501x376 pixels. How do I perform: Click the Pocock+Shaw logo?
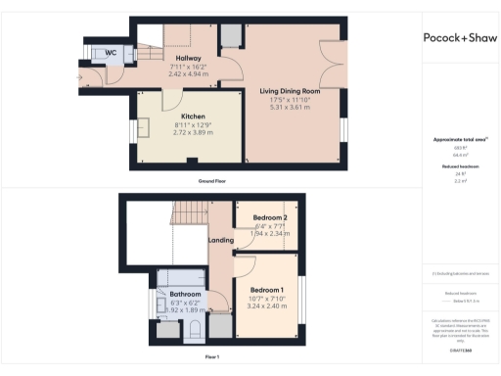tap(460, 37)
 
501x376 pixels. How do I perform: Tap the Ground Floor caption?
tap(211, 181)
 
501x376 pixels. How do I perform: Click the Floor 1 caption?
tap(211, 357)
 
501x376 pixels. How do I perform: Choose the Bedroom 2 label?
tap(268, 217)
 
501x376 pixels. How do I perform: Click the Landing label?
tap(220, 239)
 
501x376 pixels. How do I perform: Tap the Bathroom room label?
tap(185, 294)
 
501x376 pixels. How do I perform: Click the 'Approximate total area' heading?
tap(458, 140)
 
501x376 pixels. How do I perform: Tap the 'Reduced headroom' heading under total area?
tap(458, 167)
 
